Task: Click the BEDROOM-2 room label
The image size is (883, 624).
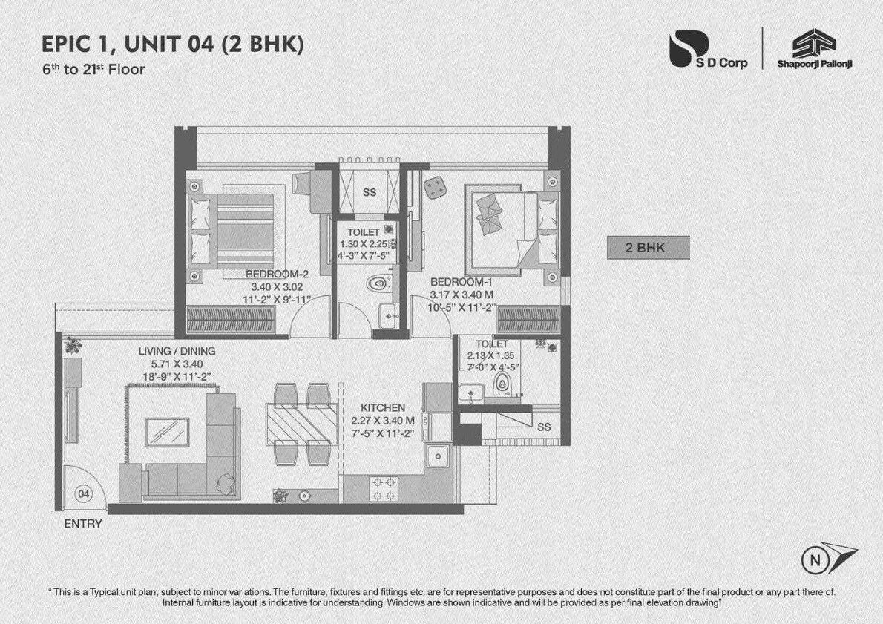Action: point(277,274)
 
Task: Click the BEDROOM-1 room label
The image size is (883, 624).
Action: point(462,282)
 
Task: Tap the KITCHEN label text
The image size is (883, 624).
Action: point(382,408)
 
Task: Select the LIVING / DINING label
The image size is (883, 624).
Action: point(177,351)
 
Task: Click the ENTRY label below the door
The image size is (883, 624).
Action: point(83,524)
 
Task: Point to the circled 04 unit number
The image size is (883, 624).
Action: point(83,493)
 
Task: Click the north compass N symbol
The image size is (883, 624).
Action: point(815,560)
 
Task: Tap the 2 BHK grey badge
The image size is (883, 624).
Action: point(648,248)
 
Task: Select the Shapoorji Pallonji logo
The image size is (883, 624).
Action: point(814,50)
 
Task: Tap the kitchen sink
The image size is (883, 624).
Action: point(438,455)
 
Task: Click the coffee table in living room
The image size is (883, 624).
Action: point(167,432)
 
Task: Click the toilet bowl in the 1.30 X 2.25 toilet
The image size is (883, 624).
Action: point(378,283)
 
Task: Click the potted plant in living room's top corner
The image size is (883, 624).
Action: point(73,345)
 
